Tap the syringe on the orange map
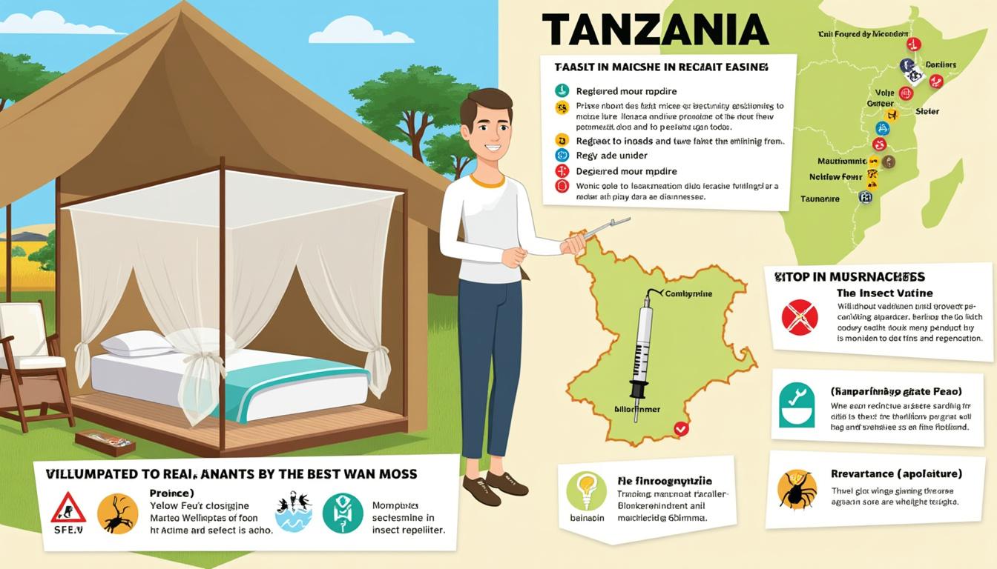point(642,348)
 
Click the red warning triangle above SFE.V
point(68,509)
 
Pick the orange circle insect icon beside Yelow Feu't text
point(117,513)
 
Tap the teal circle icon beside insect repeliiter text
point(343,513)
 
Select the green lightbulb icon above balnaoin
point(586,491)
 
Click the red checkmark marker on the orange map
point(681,428)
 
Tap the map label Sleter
point(927,112)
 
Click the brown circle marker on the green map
point(888,162)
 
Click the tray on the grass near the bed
point(105,442)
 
